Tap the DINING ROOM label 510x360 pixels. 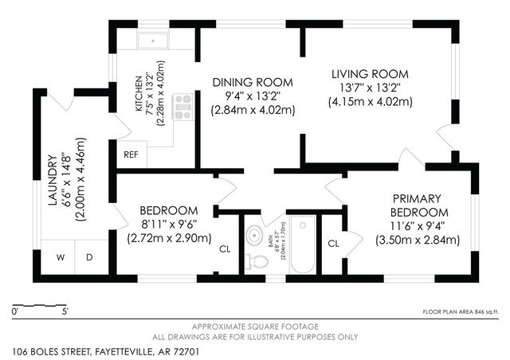tap(253, 82)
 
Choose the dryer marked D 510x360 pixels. tap(89, 256)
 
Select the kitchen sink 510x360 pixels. tap(151, 42)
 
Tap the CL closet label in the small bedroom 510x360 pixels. tap(226, 248)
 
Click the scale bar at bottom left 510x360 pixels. tap(40, 307)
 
